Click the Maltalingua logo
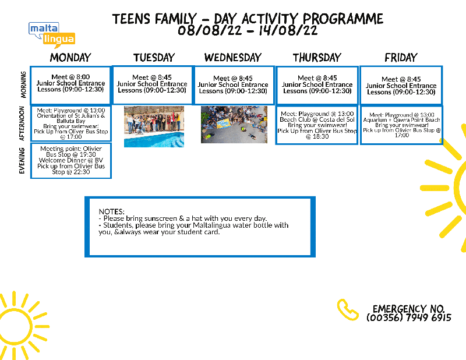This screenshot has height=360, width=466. click(x=51, y=33)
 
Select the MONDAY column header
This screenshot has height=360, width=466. click(x=70, y=58)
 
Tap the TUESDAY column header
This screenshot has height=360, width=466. click(x=154, y=58)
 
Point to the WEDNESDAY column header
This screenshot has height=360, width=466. click(x=233, y=58)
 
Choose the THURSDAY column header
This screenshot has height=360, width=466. click(x=317, y=58)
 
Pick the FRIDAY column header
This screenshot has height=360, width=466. click(x=401, y=58)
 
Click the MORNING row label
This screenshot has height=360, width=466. click(x=23, y=84)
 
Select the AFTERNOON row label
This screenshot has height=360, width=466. click(x=23, y=123)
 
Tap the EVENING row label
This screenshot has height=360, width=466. click(x=23, y=161)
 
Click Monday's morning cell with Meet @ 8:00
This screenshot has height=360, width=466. click(x=70, y=84)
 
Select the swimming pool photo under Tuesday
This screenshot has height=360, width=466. click(x=154, y=126)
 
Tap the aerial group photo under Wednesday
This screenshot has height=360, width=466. click(x=234, y=124)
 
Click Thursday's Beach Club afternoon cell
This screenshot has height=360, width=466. click(x=317, y=124)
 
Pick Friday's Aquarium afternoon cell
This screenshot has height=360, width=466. click(x=401, y=125)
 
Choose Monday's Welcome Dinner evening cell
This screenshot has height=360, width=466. click(x=70, y=161)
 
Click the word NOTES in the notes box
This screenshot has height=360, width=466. click(x=112, y=211)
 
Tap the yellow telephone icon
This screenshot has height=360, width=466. click(x=348, y=309)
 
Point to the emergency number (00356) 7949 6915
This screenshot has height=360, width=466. click(x=409, y=318)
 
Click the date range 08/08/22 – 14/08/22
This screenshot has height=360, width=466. click(x=248, y=31)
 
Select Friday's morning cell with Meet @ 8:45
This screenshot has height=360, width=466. click(x=401, y=86)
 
